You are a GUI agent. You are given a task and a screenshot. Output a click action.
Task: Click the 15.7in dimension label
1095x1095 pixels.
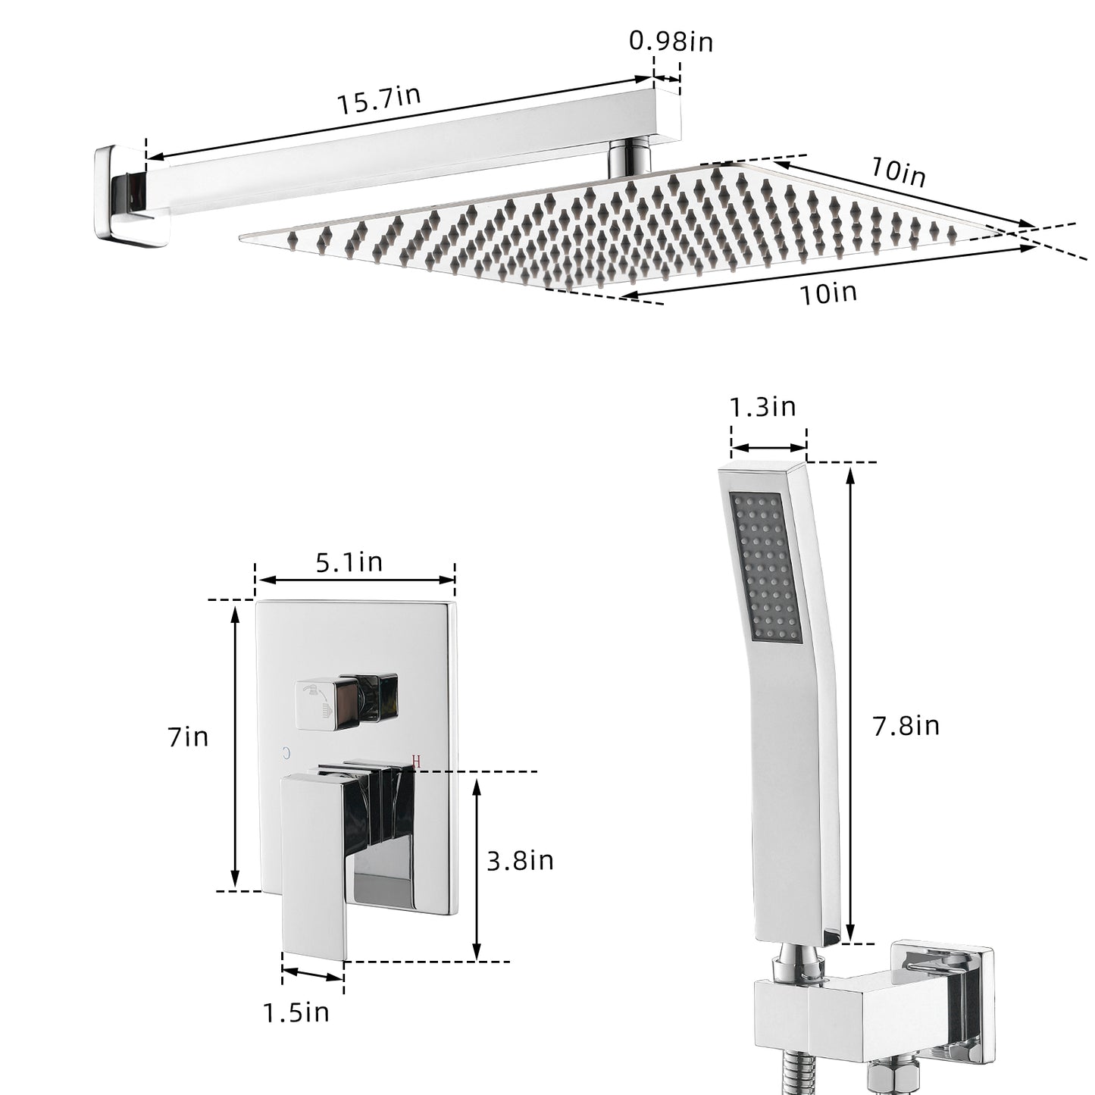click(379, 101)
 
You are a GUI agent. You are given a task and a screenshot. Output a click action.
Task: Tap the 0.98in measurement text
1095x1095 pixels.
click(671, 42)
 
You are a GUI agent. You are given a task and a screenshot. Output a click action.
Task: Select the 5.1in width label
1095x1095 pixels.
click(349, 562)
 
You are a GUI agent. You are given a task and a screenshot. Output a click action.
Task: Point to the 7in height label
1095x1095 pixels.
click(188, 737)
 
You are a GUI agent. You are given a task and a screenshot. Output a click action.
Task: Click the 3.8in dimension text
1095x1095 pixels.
click(520, 860)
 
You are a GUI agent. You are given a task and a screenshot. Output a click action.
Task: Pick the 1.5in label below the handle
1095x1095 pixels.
click(296, 1012)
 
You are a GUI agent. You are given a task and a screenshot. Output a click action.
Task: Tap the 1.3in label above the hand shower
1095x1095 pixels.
click(762, 407)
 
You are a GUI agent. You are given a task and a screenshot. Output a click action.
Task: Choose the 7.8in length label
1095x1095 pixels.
click(906, 726)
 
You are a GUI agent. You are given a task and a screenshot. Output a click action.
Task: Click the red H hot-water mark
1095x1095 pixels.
click(417, 761)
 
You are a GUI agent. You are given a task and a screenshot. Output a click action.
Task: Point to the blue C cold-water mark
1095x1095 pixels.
click(286, 753)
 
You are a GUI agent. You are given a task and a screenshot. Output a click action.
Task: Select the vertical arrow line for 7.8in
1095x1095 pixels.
click(850, 705)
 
